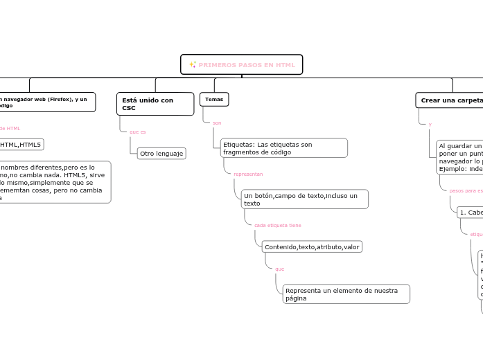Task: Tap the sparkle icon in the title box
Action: click(192, 65)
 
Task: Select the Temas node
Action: click(213, 100)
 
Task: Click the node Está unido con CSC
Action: click(155, 104)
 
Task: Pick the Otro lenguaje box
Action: click(161, 153)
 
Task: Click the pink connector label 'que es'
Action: click(137, 132)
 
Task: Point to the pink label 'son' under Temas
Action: click(217, 123)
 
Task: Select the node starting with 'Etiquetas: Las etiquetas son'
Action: click(283, 148)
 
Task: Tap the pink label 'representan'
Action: click(248, 174)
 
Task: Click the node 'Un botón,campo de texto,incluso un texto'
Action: click(305, 199)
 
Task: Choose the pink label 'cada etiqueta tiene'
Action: click(277, 225)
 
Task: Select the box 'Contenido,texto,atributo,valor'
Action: click(311, 246)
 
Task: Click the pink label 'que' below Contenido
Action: click(279, 269)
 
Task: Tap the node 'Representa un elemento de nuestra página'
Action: click(346, 294)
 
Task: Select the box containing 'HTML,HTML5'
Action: click(21, 144)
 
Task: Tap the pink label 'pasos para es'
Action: click(466, 190)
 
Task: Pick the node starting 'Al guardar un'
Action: click(459, 157)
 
